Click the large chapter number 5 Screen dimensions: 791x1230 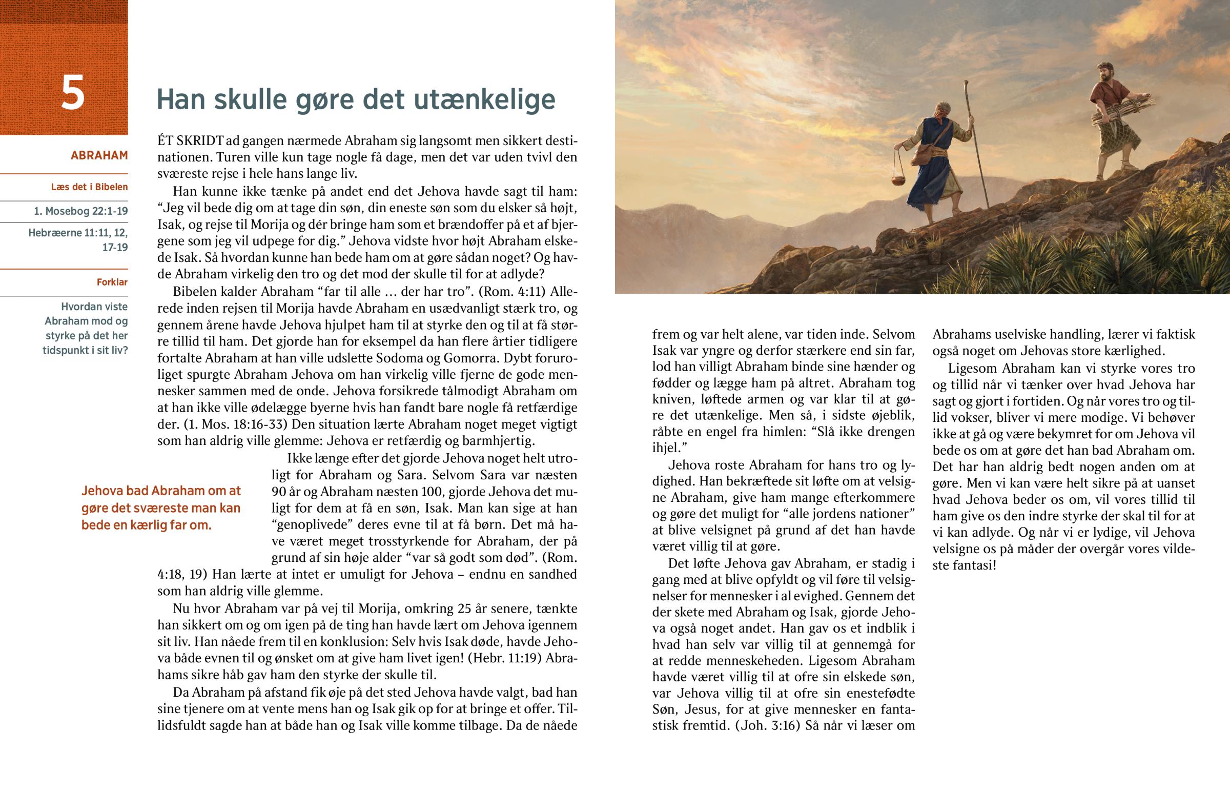[x=72, y=92]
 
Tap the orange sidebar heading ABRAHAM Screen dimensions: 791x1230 [x=99, y=155]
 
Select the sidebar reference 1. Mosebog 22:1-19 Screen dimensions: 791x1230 [x=80, y=211]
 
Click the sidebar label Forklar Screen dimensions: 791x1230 [x=112, y=282]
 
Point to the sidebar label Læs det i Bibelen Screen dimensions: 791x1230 [x=89, y=187]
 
